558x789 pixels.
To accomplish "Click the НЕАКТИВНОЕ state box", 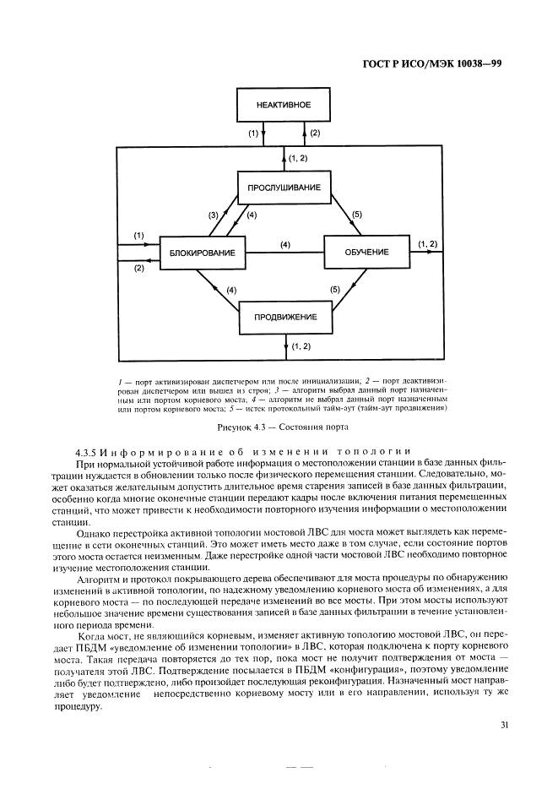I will point(284,105).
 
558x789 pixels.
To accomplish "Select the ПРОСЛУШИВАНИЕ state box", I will point(283,187).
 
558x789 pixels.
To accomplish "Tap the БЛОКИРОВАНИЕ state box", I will point(202,253).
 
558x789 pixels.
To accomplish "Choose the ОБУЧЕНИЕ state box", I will point(366,253).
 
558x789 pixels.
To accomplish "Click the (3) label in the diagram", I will point(214,215).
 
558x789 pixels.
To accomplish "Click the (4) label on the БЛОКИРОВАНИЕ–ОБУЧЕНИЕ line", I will point(285,245).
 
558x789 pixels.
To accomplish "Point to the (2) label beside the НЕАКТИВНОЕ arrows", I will point(315,133).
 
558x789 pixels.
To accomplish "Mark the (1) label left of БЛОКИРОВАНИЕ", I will point(139,234).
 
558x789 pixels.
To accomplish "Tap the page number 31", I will point(505,724).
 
